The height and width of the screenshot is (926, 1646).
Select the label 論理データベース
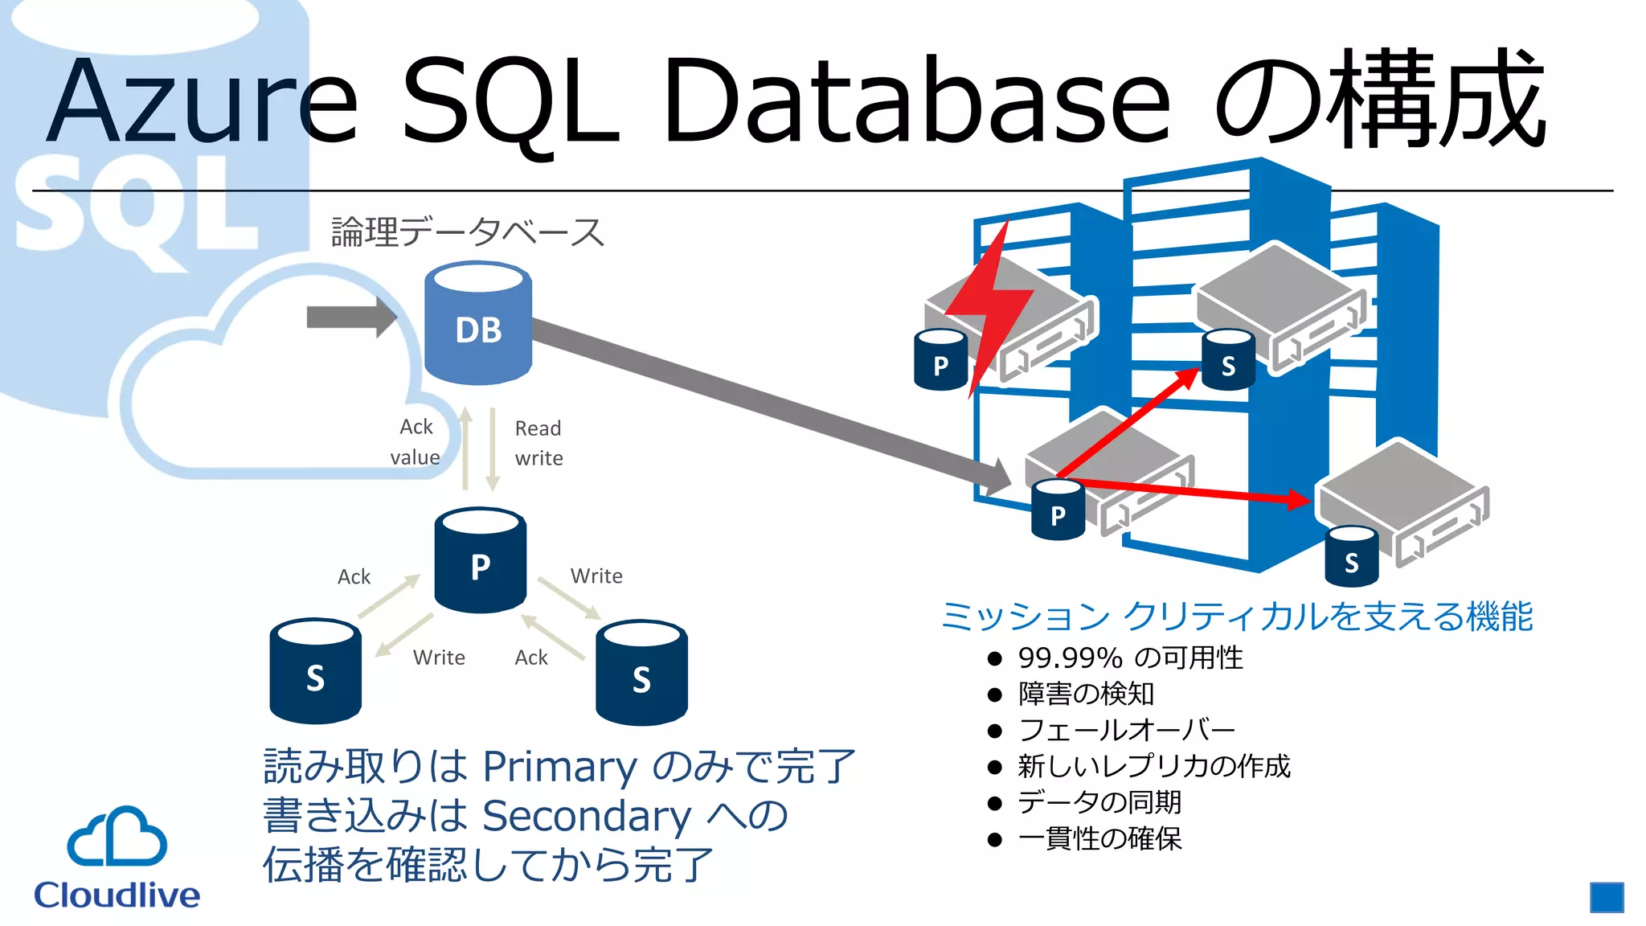[x=467, y=232]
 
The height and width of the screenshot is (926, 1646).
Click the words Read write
[x=538, y=443]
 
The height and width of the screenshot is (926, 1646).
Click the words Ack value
[x=416, y=442]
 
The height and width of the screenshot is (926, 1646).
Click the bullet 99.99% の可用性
[x=1130, y=658]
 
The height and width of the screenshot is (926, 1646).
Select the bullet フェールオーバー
[x=1126, y=731]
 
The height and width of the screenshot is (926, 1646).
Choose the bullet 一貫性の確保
[x=1099, y=839]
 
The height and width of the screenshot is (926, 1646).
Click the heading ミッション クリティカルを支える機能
[x=1236, y=617]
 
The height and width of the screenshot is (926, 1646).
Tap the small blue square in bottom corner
[x=1606, y=897]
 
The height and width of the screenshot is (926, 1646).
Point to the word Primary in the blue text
[x=559, y=767]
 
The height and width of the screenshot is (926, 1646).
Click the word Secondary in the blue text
[x=586, y=816]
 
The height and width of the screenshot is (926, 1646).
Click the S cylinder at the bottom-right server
[x=1351, y=556]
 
